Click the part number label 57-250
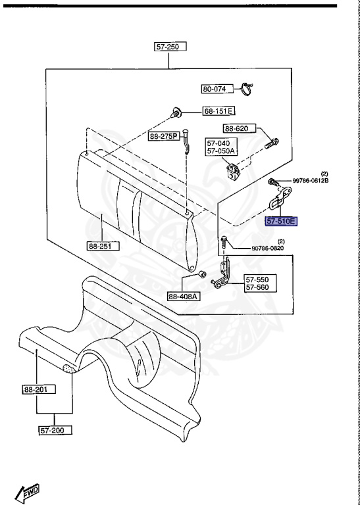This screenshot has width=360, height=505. pyautogui.click(x=170, y=47)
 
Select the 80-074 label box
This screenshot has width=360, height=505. pyautogui.click(x=217, y=89)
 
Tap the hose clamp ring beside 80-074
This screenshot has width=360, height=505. pyautogui.click(x=247, y=89)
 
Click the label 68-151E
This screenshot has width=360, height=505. pyautogui.click(x=219, y=111)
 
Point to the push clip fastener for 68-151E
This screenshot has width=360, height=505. pyautogui.click(x=175, y=112)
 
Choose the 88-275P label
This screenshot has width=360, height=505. pyautogui.click(x=164, y=137)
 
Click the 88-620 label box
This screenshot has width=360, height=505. pyautogui.click(x=240, y=129)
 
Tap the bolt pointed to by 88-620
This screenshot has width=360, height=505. pyautogui.click(x=272, y=143)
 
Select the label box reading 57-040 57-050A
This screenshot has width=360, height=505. pyautogui.click(x=222, y=147)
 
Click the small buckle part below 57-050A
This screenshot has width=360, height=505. pyautogui.click(x=233, y=171)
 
